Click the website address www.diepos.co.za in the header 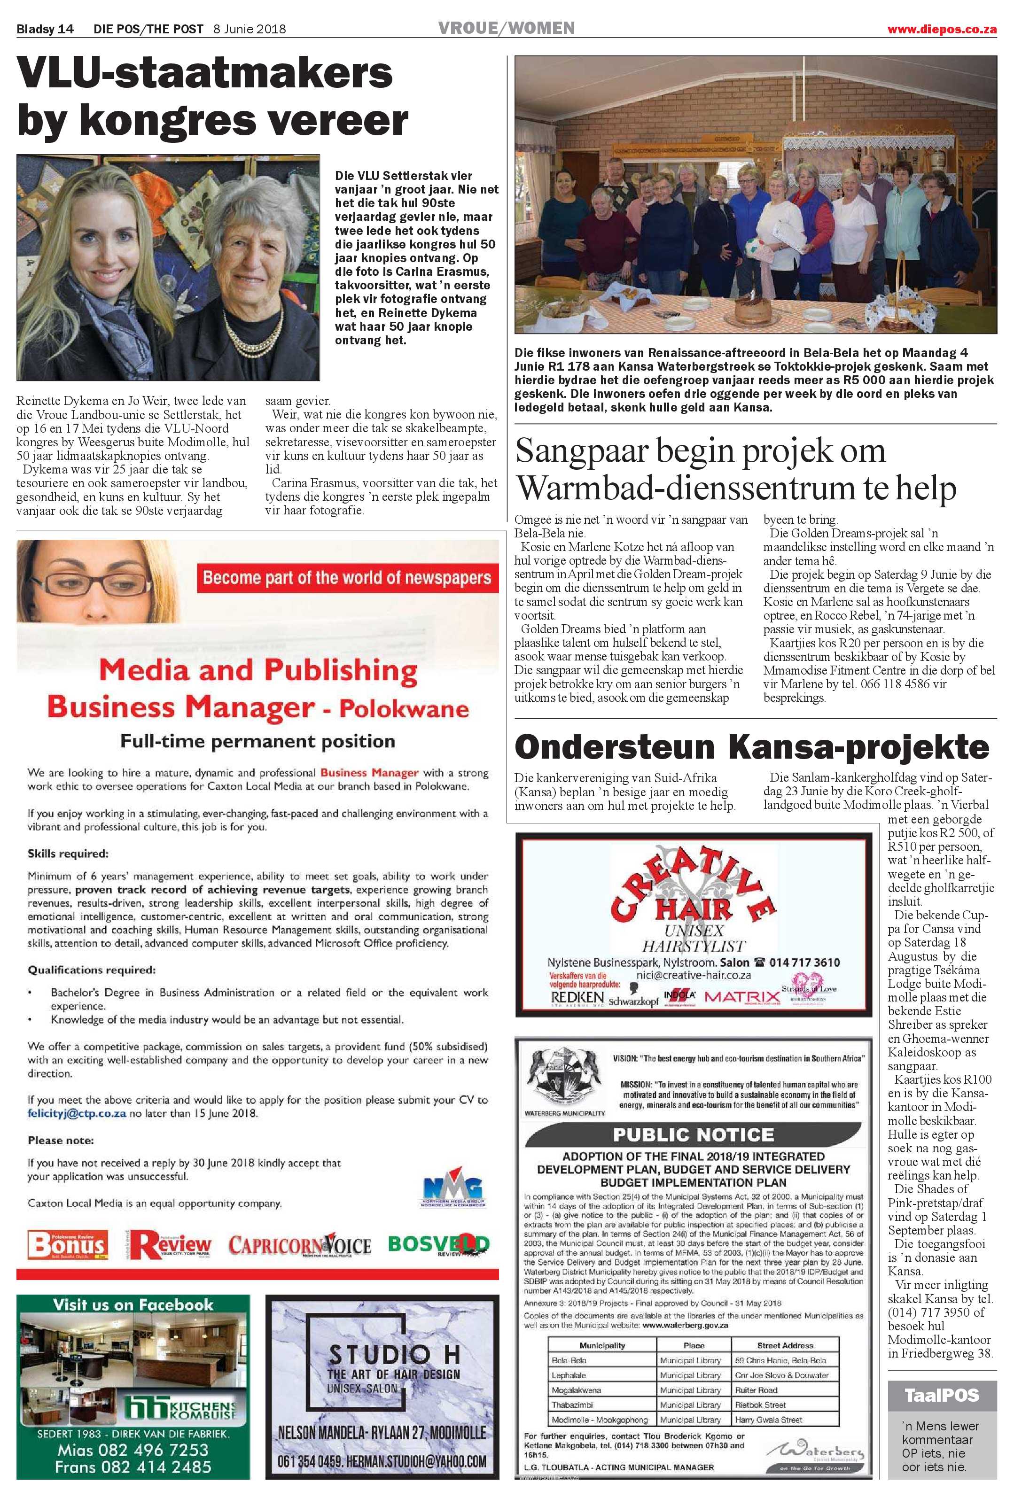(942, 30)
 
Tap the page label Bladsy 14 (45, 30)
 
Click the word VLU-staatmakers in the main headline (204, 73)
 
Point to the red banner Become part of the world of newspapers (347, 577)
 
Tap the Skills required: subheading (68, 854)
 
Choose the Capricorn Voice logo (300, 1245)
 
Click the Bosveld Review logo (438, 1244)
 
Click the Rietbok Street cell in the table (761, 1405)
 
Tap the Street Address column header (785, 1345)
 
